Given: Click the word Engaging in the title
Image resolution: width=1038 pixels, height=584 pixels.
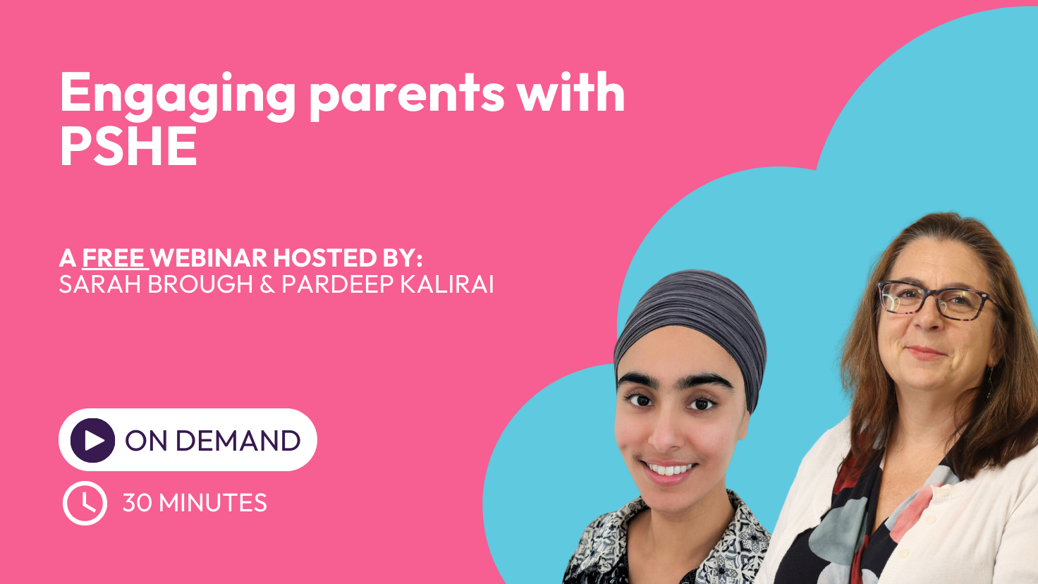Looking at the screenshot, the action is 178,97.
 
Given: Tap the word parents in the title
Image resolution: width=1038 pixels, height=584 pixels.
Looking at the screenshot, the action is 407,97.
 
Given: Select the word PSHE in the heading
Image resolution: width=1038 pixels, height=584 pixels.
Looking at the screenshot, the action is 129,145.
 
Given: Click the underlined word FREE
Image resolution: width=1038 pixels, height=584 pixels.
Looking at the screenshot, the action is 115,257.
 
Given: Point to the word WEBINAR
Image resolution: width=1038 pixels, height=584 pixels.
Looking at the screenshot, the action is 209,257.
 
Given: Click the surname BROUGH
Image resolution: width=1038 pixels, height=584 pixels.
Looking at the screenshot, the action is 200,284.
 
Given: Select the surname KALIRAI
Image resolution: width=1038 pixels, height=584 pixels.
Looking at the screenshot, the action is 446,284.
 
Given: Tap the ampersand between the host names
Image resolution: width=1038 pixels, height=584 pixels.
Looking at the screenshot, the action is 267,284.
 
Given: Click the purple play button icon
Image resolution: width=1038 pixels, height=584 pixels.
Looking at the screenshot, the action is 92,440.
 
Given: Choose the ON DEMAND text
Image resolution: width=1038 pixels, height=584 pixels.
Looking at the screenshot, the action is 213,440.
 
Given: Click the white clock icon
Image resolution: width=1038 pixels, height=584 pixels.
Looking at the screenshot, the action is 85,503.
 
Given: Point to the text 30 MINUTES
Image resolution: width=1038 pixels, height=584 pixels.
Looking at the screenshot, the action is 195,503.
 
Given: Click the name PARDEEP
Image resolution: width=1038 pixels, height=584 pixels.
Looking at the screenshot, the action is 338,284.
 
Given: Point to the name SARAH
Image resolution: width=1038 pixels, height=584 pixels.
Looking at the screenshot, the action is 99,284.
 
